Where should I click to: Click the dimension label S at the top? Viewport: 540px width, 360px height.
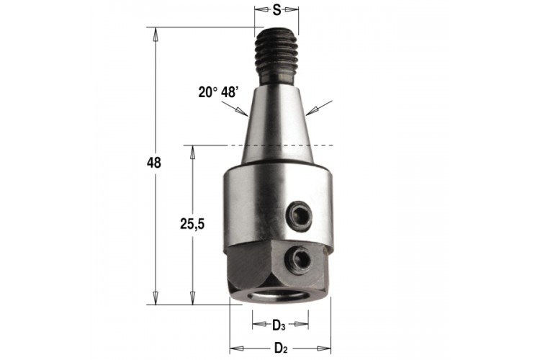point(276,10)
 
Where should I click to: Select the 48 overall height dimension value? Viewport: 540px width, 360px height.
point(153,163)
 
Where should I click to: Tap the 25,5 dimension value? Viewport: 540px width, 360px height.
point(192,224)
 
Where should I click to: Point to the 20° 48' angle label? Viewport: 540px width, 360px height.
point(218,92)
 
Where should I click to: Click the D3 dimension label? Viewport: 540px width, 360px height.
point(279,325)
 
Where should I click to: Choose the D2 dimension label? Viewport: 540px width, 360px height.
point(281,348)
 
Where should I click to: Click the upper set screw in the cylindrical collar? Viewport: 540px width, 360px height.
point(300,217)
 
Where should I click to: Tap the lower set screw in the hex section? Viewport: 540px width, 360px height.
point(297,261)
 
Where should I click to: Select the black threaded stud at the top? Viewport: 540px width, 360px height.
point(276,56)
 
